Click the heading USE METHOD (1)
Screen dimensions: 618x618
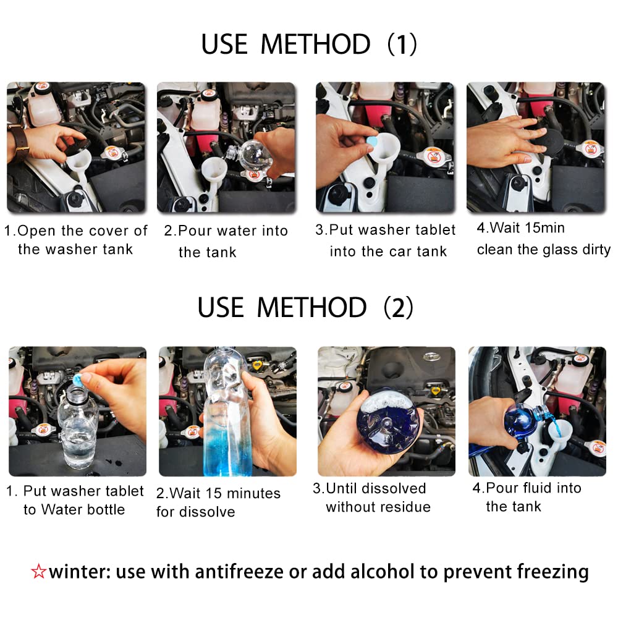coord(309,44)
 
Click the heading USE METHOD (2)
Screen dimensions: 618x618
coord(306,308)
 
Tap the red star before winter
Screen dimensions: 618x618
coord(38,572)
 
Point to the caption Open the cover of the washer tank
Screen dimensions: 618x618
coord(76,240)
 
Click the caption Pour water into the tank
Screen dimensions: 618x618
coord(226,241)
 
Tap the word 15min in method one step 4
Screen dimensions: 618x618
coord(544,228)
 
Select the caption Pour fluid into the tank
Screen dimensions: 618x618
coord(527,497)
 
